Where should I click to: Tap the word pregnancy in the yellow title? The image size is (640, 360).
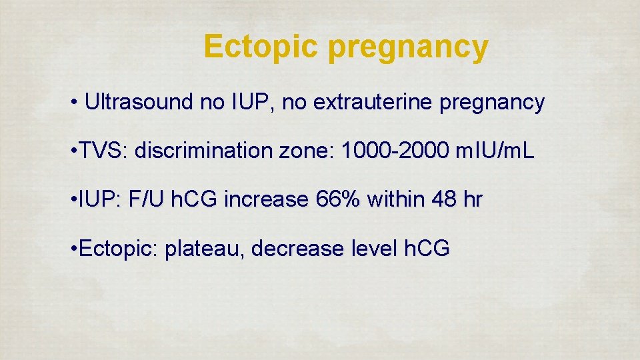[408, 48]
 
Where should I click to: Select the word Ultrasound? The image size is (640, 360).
[139, 103]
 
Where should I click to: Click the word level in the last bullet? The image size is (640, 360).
[374, 249]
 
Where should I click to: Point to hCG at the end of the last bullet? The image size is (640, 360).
[427, 249]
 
